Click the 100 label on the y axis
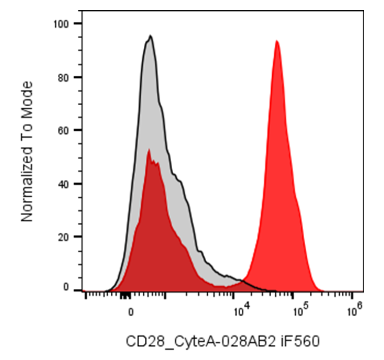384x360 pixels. point(61,24)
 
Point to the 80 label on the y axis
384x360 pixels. point(63,77)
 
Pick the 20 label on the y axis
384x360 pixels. point(63,237)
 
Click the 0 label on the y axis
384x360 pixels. point(66,287)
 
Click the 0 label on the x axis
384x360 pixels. point(131,312)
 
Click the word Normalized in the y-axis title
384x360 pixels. point(27,184)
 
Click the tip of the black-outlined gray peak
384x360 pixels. point(151,36)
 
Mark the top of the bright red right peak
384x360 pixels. point(277,41)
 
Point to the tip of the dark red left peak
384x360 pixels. point(149,149)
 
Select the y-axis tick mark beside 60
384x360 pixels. point(78,130)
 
